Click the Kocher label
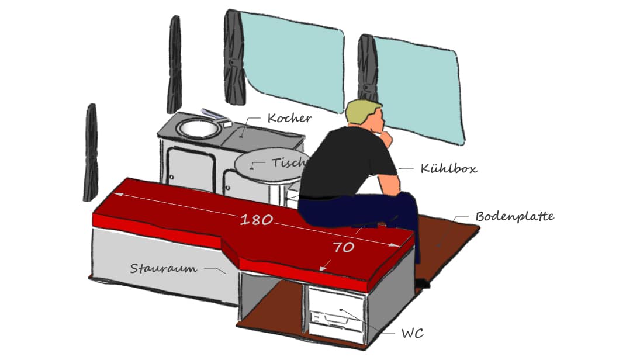(x=289, y=118)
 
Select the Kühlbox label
(x=448, y=168)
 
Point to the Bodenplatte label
(x=515, y=216)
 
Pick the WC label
(x=412, y=334)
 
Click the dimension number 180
(x=257, y=220)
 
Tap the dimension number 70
(x=343, y=247)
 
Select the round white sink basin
(x=198, y=129)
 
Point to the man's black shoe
(x=422, y=283)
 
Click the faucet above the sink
(x=216, y=116)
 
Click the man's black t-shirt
(x=347, y=163)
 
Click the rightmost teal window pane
(x=419, y=90)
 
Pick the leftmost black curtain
(x=91, y=153)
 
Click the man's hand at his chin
(x=386, y=139)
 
